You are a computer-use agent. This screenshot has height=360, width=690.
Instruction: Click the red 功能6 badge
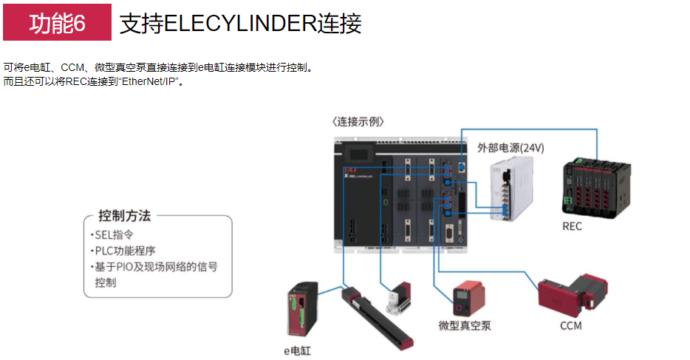tap(57, 24)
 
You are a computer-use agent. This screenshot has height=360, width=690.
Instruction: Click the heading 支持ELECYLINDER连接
tap(240, 24)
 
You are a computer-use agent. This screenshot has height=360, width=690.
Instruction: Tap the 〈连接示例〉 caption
tap(358, 121)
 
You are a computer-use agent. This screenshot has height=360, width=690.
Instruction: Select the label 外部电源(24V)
tap(510, 147)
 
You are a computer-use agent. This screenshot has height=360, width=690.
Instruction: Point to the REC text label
tap(572, 225)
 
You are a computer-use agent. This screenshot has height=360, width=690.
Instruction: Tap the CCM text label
tap(570, 325)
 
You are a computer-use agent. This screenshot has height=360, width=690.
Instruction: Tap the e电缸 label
tap(298, 350)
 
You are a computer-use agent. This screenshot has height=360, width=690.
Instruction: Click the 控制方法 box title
tap(125, 216)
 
